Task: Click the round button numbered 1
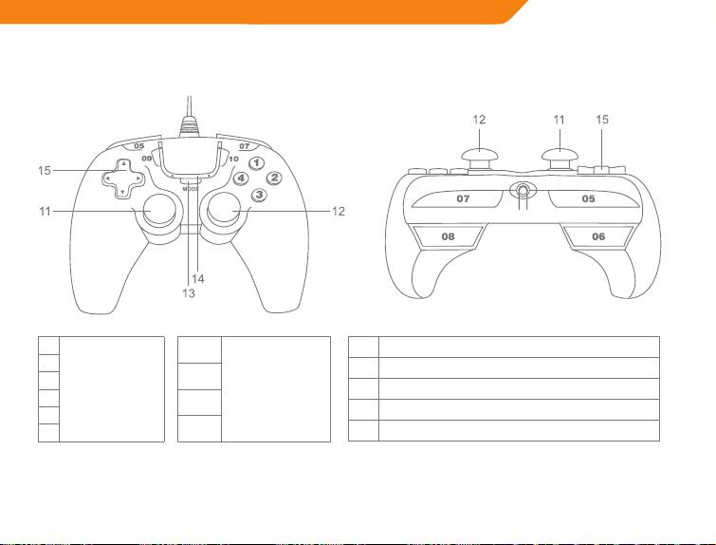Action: [256, 163]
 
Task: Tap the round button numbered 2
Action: [274, 178]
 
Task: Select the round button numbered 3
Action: [258, 195]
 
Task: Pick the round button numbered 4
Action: [242, 179]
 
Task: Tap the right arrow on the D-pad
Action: [138, 178]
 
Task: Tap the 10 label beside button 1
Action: [233, 159]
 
